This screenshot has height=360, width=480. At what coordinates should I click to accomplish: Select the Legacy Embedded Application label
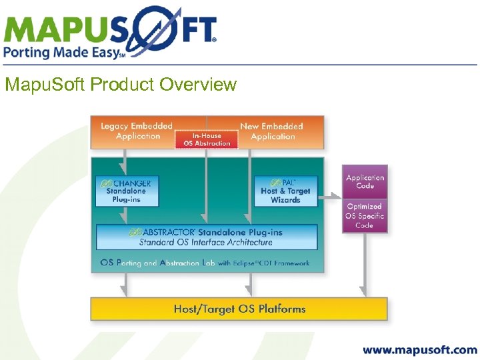137,131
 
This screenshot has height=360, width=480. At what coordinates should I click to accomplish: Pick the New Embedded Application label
272,131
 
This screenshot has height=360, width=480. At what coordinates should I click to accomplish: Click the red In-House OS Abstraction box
207,139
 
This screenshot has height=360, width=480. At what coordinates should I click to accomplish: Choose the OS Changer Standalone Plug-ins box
127,191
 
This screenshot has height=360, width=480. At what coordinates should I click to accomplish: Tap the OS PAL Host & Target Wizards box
285,191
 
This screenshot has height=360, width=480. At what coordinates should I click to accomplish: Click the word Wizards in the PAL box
285,200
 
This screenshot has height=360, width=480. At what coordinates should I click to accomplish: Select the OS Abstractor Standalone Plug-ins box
207,237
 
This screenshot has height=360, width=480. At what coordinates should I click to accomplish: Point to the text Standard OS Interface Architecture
206,242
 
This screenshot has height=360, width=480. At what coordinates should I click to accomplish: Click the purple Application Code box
365,182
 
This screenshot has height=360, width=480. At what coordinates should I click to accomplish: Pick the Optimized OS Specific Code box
365,215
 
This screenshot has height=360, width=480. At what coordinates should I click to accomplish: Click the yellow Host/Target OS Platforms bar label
239,309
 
